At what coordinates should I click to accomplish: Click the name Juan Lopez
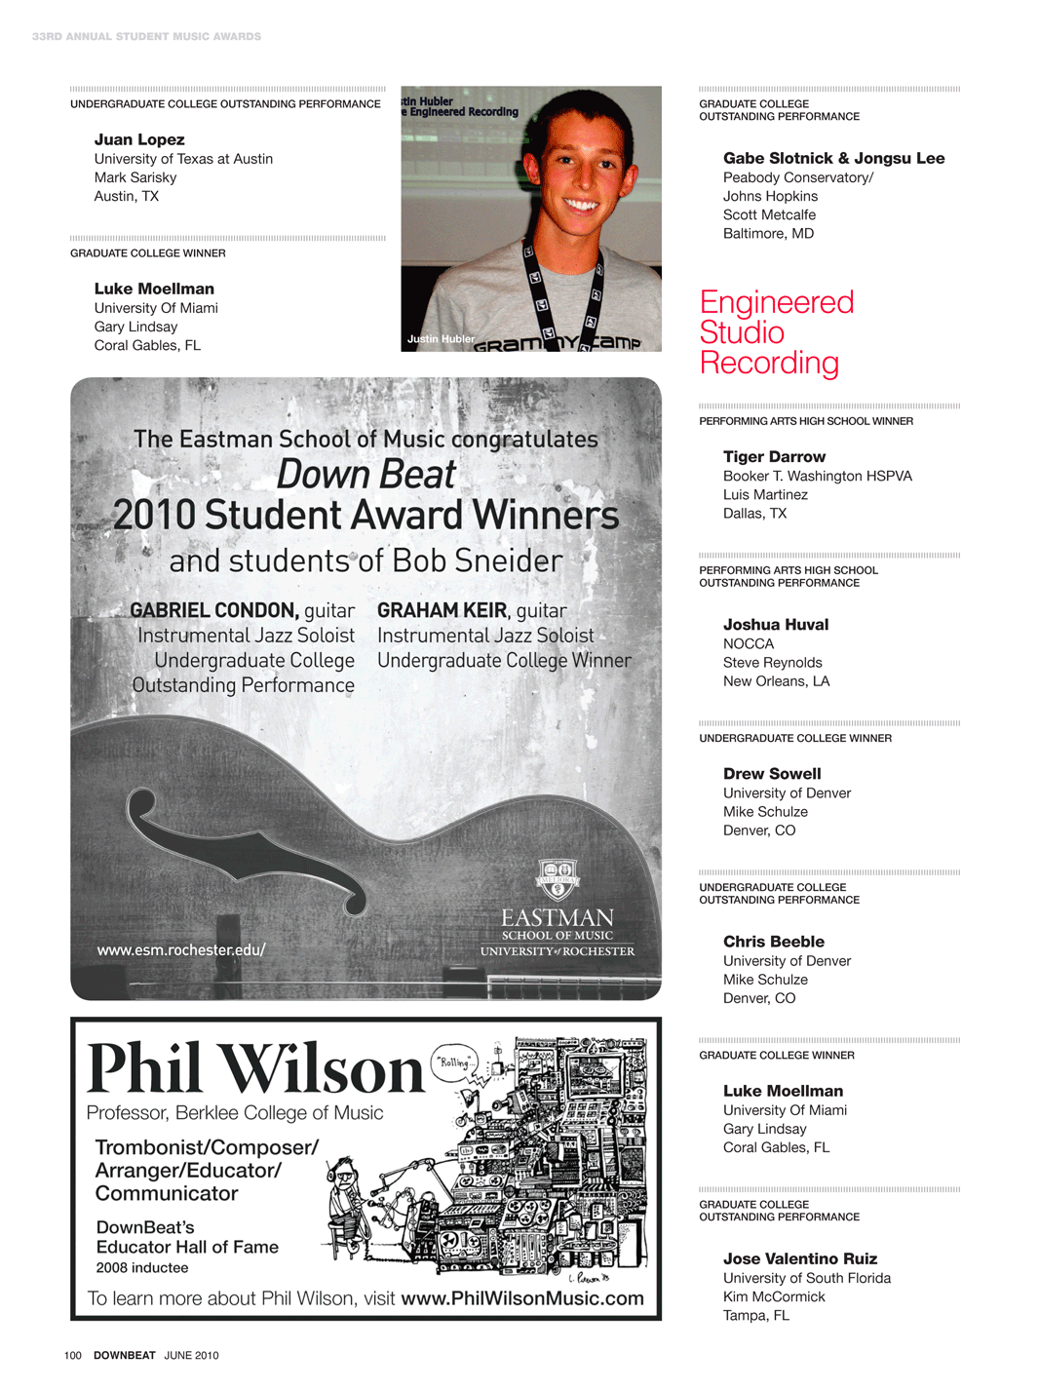coord(139,139)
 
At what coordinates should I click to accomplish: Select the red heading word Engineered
coord(776,302)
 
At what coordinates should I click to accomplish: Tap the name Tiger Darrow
coord(774,456)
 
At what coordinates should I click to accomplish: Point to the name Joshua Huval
coord(775,624)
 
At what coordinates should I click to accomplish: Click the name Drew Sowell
coord(772,773)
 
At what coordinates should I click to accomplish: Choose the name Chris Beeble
coord(773,941)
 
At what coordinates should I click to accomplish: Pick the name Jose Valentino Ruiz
coord(799,1258)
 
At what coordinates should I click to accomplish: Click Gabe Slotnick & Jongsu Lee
coord(833,158)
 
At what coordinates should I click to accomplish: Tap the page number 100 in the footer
coord(73,1355)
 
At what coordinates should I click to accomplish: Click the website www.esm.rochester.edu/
coord(181,949)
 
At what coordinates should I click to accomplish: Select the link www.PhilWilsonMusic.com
coord(522,1298)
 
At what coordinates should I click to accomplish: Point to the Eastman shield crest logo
coord(558,877)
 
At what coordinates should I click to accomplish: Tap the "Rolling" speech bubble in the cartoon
coord(454,1062)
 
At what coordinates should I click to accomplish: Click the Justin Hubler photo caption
coord(441,339)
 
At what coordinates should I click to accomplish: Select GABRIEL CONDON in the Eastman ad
coord(213,610)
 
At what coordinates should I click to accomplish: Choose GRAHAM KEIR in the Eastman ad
coord(442,610)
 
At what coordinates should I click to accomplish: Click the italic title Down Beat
coord(366,475)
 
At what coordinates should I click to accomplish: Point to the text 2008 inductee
coord(142,1267)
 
